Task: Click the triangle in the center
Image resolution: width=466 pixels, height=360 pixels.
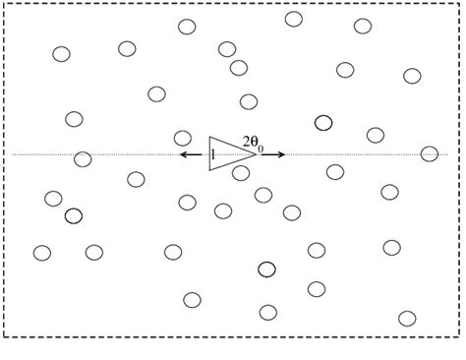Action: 228,153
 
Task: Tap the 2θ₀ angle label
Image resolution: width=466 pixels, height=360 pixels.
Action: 253,143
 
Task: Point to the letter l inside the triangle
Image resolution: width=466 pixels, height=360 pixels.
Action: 212,154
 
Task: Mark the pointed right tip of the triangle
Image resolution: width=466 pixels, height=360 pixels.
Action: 257,153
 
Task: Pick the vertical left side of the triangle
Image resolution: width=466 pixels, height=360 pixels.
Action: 209,153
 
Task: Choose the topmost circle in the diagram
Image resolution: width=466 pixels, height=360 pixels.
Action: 293,19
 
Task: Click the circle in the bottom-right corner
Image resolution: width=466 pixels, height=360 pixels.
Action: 407,318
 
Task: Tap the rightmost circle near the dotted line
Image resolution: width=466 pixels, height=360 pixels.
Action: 430,153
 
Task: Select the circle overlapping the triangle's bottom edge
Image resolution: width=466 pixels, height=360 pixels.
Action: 241,173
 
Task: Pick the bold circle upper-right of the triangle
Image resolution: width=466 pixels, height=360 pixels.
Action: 323,123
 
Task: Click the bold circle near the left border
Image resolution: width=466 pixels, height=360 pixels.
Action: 74,215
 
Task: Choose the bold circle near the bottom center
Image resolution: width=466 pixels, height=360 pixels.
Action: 266,269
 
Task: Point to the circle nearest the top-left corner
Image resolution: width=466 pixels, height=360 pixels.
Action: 61,54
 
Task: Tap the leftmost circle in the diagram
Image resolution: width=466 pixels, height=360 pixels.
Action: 42,253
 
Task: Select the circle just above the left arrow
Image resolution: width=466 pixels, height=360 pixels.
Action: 183,138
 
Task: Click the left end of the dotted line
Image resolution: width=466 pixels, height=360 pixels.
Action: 13,154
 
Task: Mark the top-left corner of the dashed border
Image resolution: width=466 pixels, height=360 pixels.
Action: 5,4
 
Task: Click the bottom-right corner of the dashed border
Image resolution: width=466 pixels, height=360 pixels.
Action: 459,336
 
